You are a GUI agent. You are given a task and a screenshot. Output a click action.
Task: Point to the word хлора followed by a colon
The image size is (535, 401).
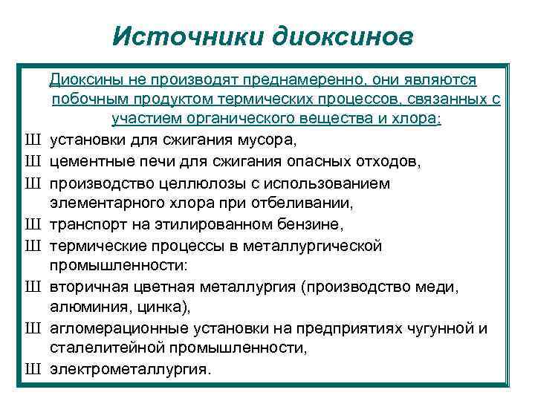439,120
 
